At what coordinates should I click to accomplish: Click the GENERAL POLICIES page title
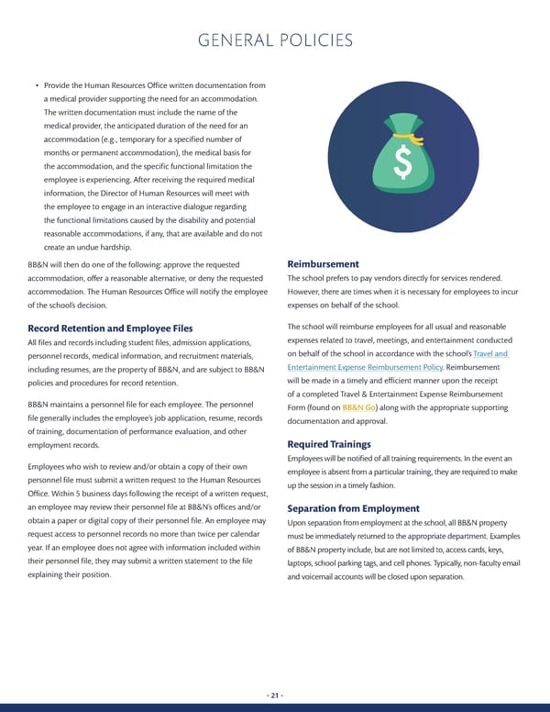click(274, 41)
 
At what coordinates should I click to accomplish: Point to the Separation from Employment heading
click(353, 508)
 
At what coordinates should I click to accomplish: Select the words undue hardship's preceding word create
click(57, 248)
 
